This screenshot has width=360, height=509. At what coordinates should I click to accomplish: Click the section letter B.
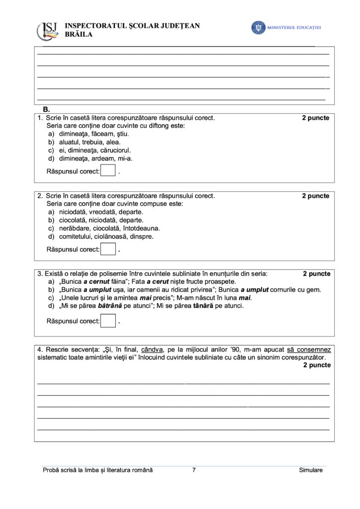pos(47,109)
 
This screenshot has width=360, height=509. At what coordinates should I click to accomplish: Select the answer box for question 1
pos(108,171)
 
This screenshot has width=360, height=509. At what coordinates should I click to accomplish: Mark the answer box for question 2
pos(108,249)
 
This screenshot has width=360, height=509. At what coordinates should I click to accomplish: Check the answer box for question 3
pos(108,321)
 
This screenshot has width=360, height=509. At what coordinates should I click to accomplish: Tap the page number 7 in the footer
pos(193,470)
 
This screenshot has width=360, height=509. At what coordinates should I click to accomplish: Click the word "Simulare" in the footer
pos(311,470)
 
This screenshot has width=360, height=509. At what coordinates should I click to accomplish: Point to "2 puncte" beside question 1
pos(315,118)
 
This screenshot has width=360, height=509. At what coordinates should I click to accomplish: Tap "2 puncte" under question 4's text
pos(315,365)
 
